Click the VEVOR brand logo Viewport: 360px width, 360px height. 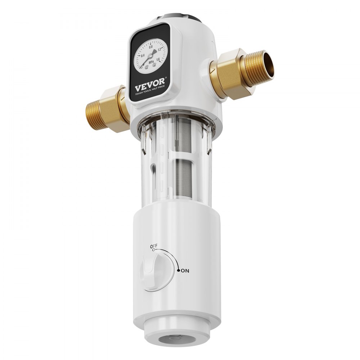tap(148, 87)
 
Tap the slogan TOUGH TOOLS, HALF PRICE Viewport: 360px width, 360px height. tap(149, 94)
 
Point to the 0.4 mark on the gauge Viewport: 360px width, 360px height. tap(143, 55)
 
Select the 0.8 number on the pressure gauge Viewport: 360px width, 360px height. tap(150, 47)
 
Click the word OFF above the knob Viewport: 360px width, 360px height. tap(154, 246)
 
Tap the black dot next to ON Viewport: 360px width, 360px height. tap(178, 270)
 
